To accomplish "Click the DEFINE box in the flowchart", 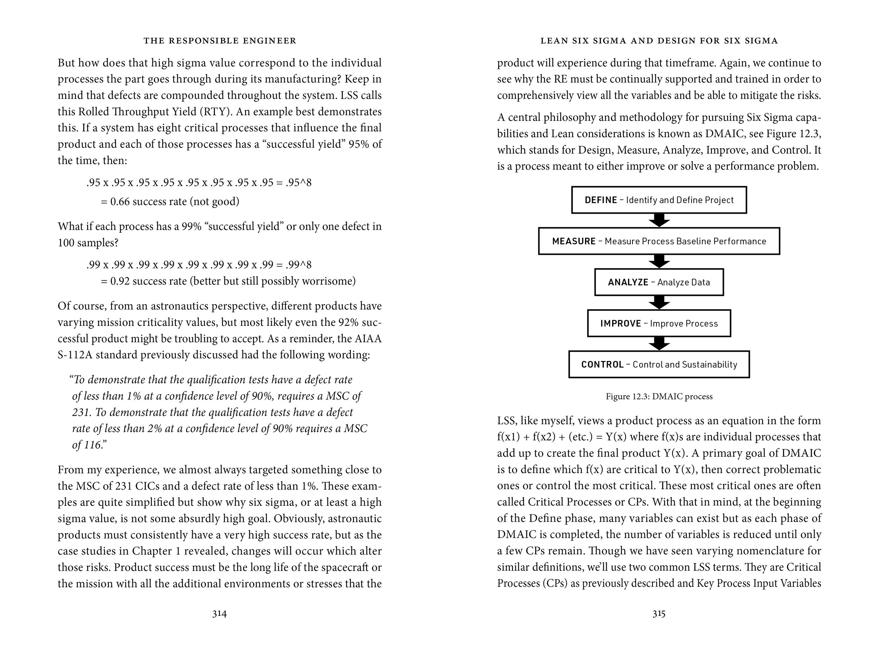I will point(659,200).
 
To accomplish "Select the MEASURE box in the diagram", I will point(659,241).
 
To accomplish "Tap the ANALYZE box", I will point(659,282).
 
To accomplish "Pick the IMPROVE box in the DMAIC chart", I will point(659,323).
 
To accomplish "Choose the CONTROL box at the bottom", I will point(659,364).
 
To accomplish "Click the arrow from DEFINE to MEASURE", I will point(659,220).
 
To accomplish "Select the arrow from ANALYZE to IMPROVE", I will point(659,303).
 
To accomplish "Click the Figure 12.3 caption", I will point(659,396).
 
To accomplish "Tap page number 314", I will point(219,614).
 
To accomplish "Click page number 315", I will point(659,614).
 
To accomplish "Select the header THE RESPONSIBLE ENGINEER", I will point(220,40).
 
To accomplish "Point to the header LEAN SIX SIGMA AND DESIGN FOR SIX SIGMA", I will point(659,40).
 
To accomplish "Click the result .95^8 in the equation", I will point(299,183).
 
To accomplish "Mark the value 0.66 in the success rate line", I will point(120,202).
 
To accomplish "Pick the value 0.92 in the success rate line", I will point(120,281).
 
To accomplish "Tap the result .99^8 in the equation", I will point(299,265).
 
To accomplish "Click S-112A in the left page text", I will point(75,355).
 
